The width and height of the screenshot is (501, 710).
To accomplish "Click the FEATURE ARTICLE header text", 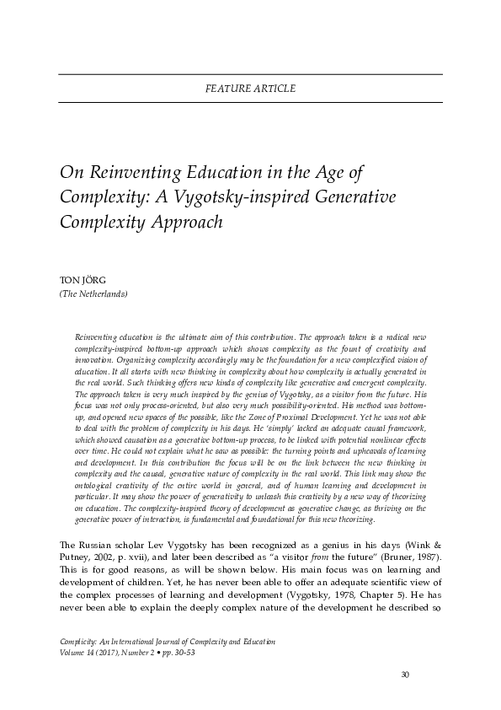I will tap(250, 89).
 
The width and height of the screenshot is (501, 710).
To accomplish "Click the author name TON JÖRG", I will tap(83, 281).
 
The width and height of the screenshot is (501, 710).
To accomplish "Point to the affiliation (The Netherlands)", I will tap(93, 294).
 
